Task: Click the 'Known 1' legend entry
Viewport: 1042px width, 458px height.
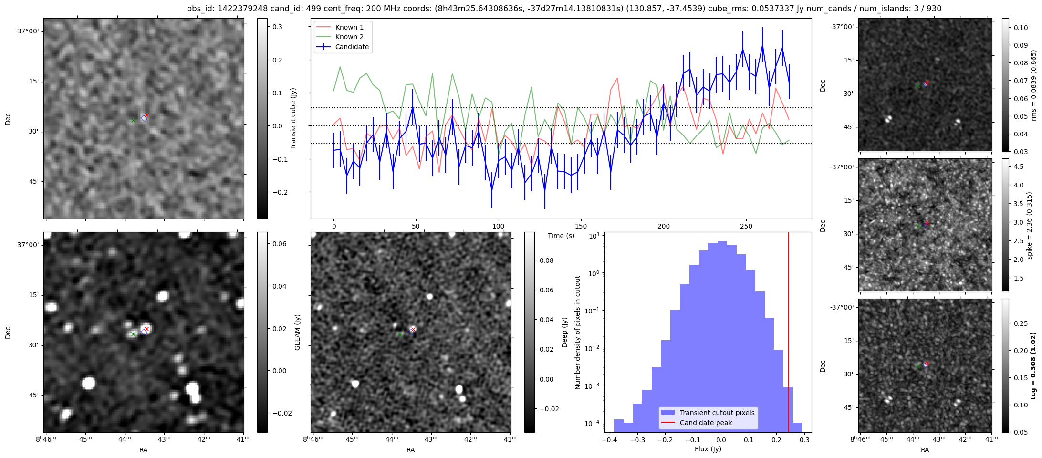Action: click(349, 27)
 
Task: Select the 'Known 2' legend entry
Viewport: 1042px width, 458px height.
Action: click(349, 37)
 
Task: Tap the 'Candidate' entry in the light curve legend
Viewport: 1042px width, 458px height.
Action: click(352, 47)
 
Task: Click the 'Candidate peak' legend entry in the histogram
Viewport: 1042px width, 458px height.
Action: click(706, 423)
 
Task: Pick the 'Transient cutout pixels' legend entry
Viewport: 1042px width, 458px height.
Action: click(717, 413)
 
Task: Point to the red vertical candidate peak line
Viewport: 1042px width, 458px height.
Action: click(789, 334)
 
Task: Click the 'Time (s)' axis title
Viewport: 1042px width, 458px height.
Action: click(561, 236)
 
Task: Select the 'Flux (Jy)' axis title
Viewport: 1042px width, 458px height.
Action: click(708, 449)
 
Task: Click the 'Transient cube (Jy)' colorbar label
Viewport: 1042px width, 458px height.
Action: click(293, 118)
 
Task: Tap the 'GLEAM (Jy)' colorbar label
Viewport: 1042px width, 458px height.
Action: click(298, 332)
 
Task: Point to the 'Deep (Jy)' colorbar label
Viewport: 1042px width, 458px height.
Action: click(565, 332)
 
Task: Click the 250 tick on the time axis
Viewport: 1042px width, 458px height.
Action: click(746, 226)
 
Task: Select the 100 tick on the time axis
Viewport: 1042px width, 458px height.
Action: click(499, 226)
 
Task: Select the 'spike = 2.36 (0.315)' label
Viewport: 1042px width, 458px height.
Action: click(1030, 226)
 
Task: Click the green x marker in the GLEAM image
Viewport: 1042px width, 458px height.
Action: click(134, 334)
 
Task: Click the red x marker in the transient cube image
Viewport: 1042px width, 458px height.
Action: click(147, 115)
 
